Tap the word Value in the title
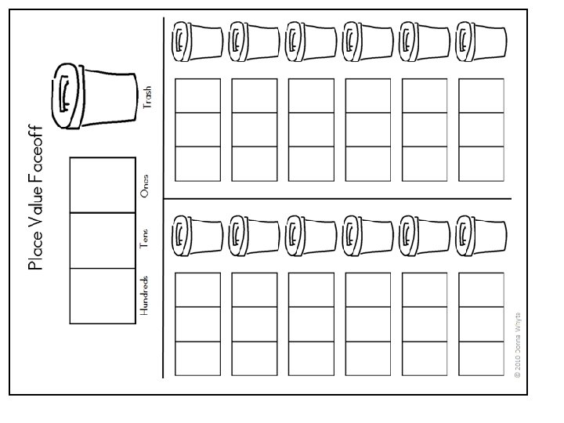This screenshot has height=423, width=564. pos(35,208)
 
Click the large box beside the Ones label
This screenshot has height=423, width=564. pos(102,185)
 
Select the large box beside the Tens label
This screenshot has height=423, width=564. pos(102,240)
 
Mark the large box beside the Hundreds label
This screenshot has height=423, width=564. pos(102,295)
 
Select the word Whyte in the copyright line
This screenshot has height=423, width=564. pos(517,319)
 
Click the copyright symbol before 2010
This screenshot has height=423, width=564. pos(517,375)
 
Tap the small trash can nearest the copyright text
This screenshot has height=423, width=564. pos(479,234)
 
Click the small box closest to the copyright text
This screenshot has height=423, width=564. pos(480,358)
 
